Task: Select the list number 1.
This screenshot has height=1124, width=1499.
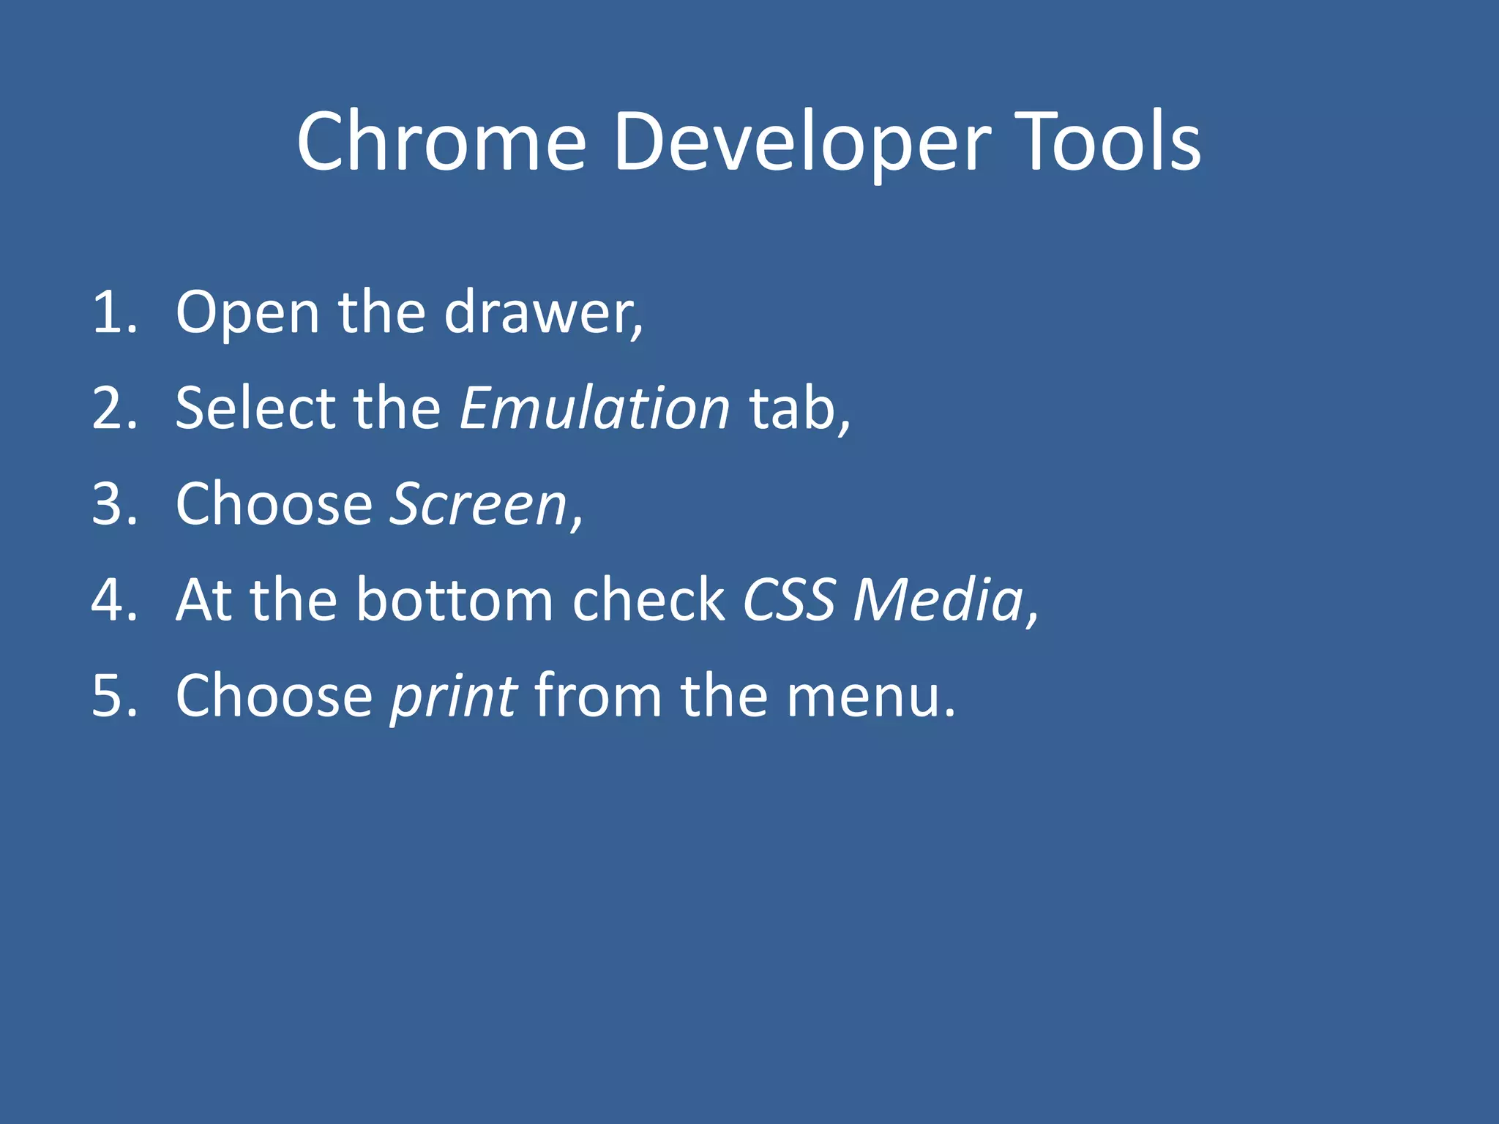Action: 113,313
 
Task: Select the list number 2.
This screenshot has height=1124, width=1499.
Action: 113,409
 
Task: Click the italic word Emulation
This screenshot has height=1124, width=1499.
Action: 594,408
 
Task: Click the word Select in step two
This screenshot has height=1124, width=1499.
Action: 256,408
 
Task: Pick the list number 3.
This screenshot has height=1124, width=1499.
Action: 113,505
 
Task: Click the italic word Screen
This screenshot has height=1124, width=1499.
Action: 479,505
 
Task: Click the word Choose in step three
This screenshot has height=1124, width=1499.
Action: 274,505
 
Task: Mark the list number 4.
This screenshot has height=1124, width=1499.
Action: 113,601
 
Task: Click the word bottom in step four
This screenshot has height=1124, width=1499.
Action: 454,601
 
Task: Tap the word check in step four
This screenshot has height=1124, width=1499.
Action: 648,601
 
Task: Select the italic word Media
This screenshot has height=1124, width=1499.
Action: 938,601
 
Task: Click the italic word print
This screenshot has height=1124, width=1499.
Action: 454,697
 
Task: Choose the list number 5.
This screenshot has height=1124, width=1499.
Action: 113,697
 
